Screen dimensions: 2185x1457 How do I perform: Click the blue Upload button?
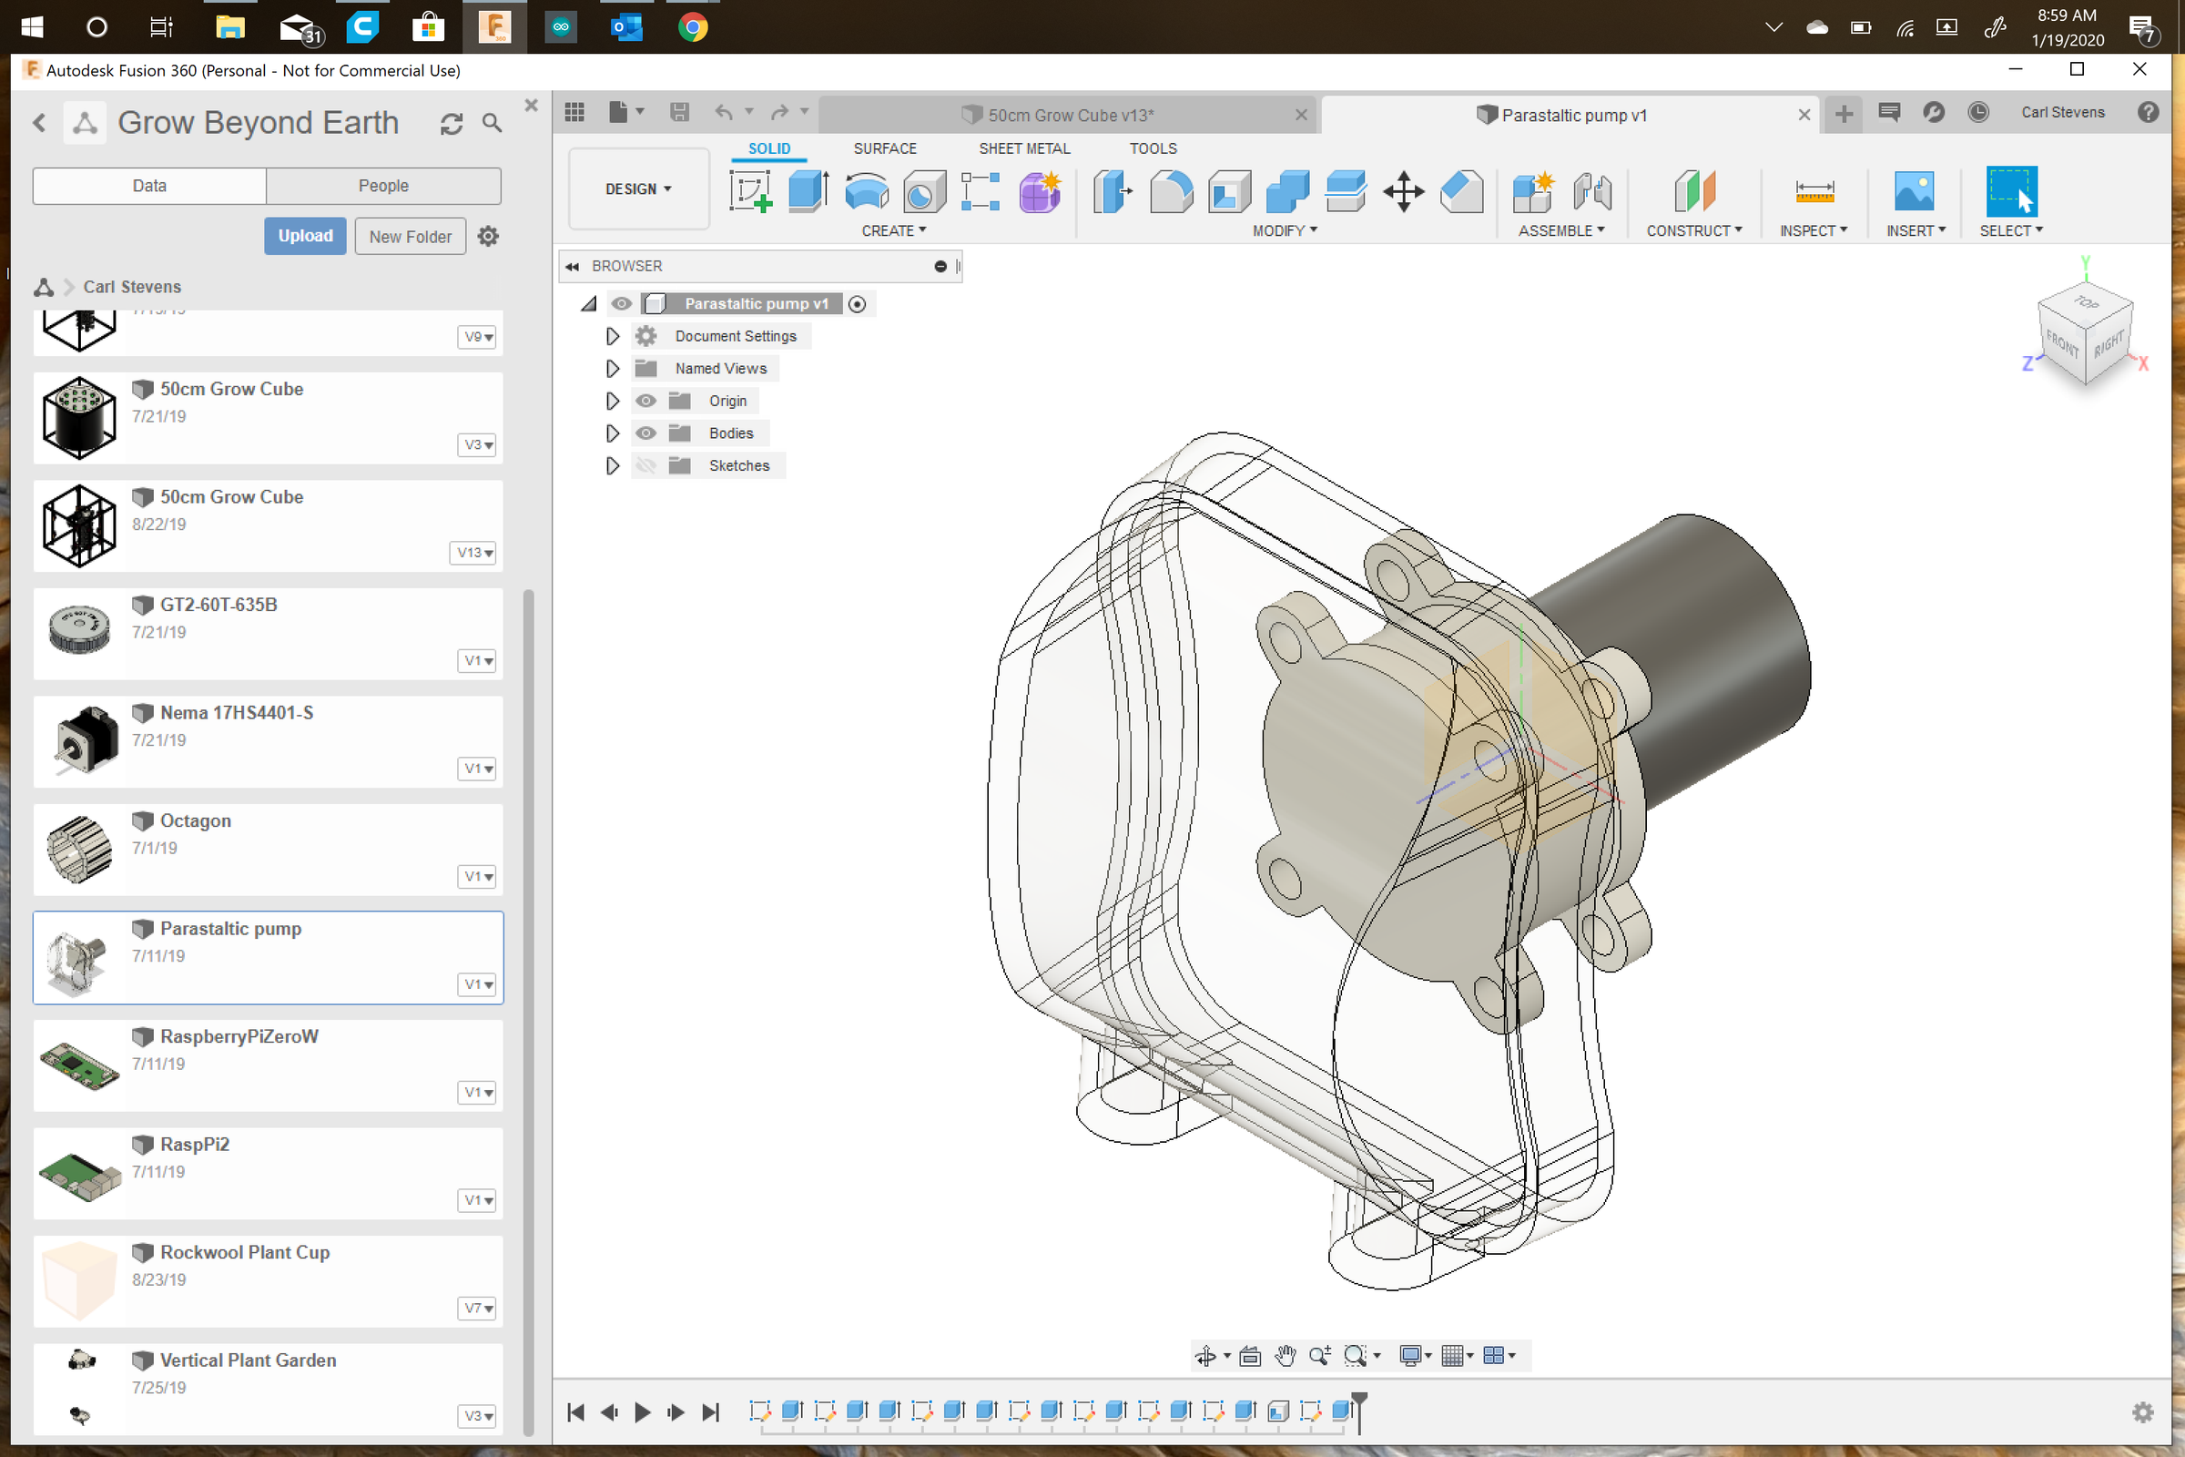305,236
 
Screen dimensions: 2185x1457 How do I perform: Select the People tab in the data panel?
382,186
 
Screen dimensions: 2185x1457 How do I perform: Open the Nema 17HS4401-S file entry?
236,713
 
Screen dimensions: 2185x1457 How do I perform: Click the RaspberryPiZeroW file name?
239,1036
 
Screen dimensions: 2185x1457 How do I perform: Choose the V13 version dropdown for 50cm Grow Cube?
474,553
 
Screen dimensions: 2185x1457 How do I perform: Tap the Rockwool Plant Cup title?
244,1251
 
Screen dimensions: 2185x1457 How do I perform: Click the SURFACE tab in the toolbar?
884,148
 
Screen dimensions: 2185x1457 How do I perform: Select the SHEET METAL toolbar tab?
1023,148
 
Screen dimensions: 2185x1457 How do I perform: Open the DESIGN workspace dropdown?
638,188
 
